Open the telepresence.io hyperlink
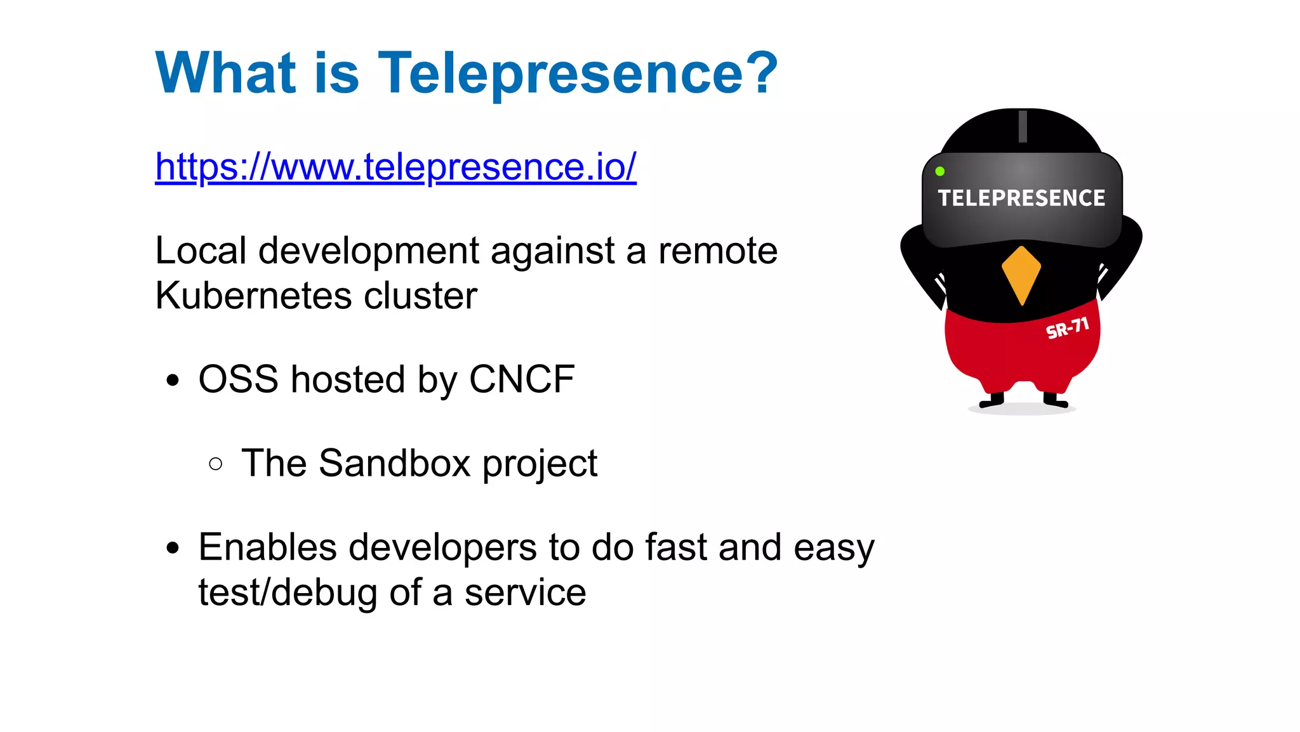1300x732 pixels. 395,167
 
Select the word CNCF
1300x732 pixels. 521,379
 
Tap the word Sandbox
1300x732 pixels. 394,463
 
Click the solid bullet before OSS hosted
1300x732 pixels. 173,381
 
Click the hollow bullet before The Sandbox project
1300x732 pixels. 215,464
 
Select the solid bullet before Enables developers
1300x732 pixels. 173,548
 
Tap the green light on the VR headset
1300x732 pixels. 940,171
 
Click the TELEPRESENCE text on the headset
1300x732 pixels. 1021,199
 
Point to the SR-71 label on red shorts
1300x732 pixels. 1067,329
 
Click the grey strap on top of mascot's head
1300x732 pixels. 1023,126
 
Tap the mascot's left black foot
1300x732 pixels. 992,401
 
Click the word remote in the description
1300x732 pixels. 717,251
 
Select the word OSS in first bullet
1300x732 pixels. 238,379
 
